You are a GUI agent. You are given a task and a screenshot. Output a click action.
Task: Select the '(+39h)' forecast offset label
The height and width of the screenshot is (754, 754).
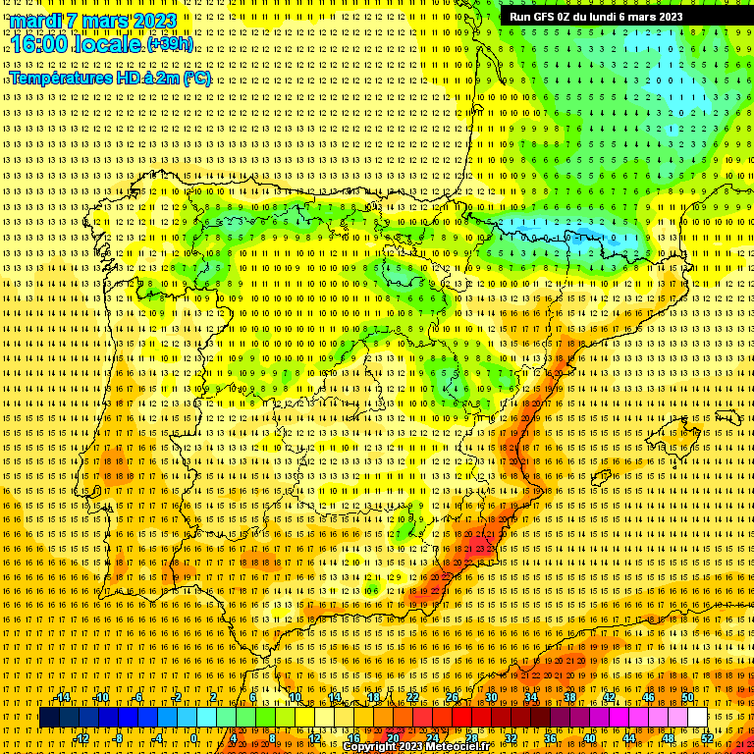[171, 44]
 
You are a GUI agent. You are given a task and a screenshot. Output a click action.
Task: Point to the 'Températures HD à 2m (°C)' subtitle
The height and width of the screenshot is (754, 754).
[110, 79]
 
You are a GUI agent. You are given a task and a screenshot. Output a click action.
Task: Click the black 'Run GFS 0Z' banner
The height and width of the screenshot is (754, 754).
[596, 16]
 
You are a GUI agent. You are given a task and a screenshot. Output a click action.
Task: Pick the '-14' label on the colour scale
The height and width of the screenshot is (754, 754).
[64, 697]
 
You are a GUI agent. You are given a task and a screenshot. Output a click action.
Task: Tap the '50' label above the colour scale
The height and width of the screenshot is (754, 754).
[687, 697]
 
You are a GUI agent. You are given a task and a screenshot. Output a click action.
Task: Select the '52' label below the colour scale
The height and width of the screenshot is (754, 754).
[707, 737]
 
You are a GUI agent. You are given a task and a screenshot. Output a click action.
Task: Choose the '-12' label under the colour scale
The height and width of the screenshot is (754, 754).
[81, 737]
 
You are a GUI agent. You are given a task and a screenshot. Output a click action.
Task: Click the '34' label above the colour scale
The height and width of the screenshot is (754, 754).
[531, 697]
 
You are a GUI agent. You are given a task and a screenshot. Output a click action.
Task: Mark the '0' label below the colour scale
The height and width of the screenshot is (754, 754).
[194, 737]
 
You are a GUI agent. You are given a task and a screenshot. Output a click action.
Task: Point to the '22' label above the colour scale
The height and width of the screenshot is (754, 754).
[412, 697]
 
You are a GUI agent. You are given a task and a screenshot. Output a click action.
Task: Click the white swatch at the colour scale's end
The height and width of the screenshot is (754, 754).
[697, 718]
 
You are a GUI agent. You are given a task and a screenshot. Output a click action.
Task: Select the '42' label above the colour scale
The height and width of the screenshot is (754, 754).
[609, 697]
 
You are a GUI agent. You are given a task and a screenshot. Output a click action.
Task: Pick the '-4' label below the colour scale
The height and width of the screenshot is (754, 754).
[157, 737]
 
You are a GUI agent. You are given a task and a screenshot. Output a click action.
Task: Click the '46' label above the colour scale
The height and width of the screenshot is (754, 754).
[648, 697]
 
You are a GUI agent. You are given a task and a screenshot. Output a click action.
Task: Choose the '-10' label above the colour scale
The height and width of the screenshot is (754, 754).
[101, 697]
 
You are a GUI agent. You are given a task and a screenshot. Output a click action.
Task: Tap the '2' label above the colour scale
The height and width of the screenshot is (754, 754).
[214, 697]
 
